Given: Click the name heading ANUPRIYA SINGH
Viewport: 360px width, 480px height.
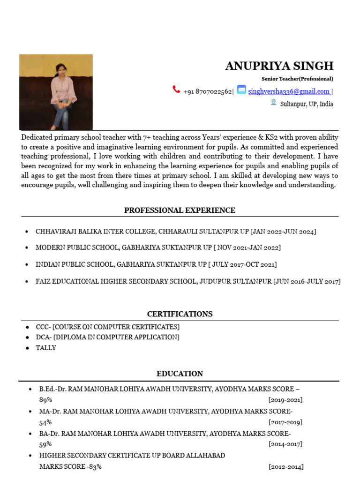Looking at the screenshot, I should point(279,66).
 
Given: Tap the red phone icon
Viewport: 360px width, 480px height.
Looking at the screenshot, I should point(176,90).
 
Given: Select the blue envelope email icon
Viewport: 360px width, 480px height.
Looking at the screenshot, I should point(241,90).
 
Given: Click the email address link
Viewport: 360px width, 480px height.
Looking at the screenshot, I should point(289,91).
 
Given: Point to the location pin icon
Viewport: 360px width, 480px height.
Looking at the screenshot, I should point(273,102).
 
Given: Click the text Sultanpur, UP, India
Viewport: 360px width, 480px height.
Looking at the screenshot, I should point(307,104).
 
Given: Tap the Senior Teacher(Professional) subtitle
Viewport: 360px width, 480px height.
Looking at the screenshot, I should point(297,79).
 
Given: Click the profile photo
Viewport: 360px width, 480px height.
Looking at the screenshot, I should point(56,92).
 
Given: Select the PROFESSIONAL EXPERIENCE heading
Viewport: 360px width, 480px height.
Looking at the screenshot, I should point(180,210).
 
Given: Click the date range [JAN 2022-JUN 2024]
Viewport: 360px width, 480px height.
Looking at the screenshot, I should point(283,232).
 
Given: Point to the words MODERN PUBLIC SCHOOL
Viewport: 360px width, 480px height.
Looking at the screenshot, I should point(75,247).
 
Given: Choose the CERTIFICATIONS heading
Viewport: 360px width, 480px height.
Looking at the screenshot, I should point(180,314).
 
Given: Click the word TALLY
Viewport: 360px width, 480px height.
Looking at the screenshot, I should point(46,348).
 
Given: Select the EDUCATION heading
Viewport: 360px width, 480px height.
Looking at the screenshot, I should point(180,374).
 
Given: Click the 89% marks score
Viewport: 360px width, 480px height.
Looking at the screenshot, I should point(45,400).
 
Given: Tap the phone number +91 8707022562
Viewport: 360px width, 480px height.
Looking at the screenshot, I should point(207,91).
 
